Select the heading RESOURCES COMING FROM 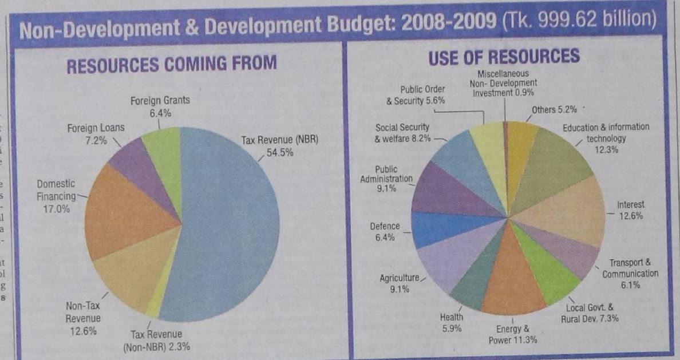172,64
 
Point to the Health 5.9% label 451,323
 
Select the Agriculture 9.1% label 400,284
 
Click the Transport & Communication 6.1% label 630,274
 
